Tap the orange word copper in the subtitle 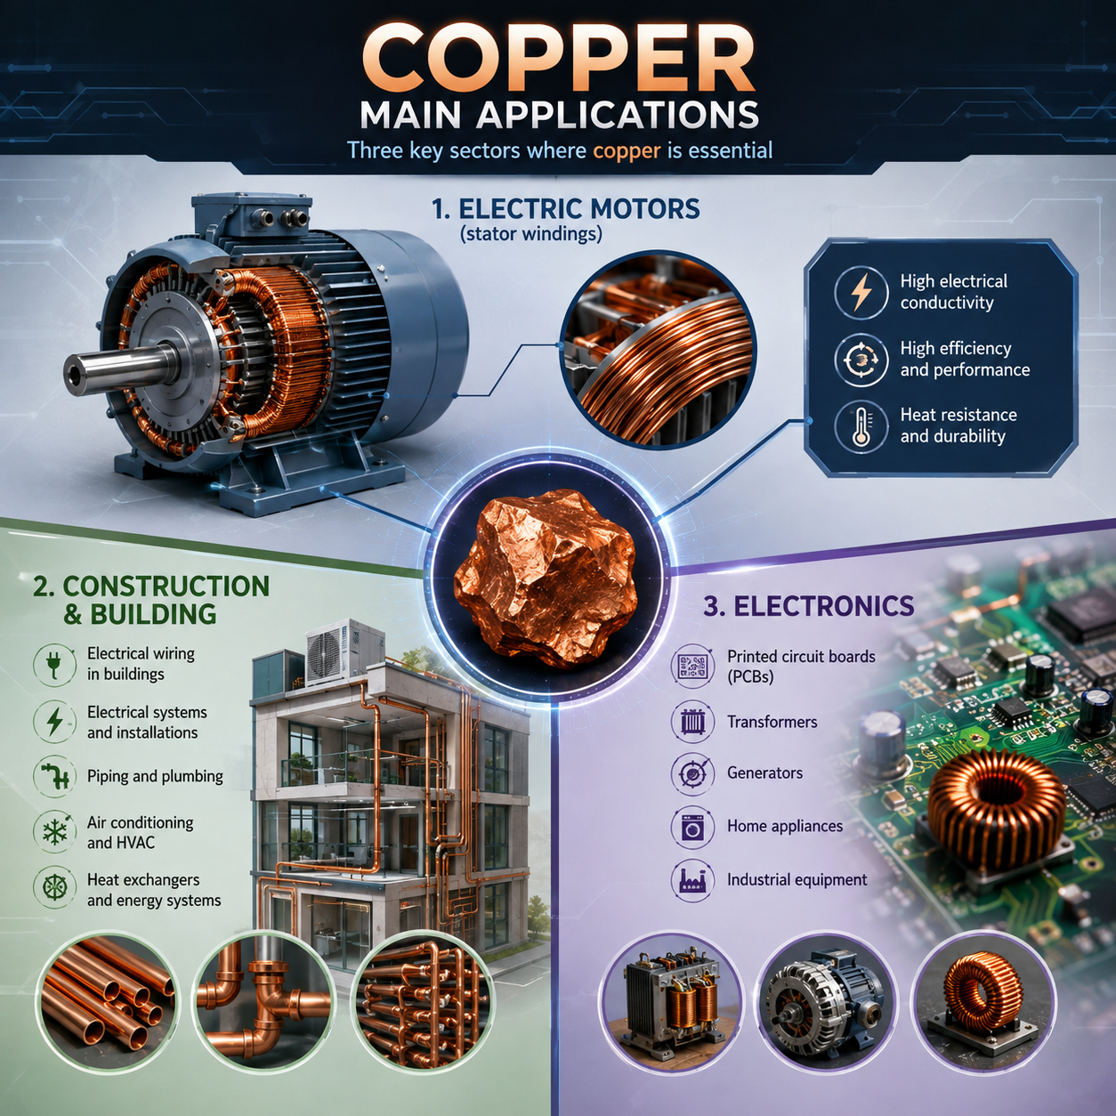627,150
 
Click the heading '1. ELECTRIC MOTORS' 566,209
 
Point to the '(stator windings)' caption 531,235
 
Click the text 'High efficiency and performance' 965,359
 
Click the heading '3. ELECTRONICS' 808,606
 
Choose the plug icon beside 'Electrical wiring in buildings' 55,663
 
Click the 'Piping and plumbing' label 155,776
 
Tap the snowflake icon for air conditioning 55,832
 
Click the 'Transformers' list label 772,722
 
